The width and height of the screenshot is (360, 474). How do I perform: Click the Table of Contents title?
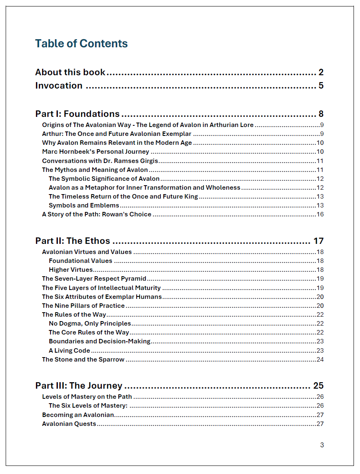click(81, 44)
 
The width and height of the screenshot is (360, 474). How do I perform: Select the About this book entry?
click(70, 72)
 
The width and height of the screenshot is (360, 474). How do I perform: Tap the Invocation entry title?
click(59, 86)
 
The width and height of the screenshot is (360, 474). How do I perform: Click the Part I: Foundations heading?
click(77, 114)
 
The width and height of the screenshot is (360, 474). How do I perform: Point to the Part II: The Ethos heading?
click(72, 241)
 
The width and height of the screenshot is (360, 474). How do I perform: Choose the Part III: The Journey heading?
click(78, 386)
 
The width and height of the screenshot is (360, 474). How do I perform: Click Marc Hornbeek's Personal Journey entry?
click(95, 152)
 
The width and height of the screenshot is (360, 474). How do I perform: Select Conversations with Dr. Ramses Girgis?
click(100, 161)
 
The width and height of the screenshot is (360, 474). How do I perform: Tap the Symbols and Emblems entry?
click(84, 205)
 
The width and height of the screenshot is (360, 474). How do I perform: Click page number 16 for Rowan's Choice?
click(320, 214)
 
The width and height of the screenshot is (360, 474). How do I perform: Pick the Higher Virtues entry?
click(71, 270)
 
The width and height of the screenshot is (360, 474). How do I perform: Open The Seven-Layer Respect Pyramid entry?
click(94, 279)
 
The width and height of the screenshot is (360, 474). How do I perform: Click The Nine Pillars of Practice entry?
click(83, 306)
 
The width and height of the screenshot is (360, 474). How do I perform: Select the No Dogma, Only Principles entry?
click(90, 324)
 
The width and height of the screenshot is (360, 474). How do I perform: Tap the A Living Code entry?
click(69, 351)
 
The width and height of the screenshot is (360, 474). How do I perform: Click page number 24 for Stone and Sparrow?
click(320, 360)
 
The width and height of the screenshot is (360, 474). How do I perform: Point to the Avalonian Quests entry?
click(69, 424)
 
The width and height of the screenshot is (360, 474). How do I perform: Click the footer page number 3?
click(322, 445)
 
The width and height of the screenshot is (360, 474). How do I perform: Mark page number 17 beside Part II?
click(318, 241)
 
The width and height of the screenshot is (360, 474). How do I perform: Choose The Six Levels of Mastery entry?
click(88, 406)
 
